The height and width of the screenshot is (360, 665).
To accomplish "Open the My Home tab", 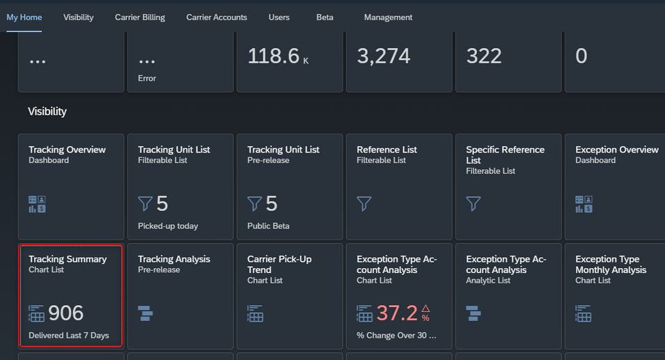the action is point(24,17).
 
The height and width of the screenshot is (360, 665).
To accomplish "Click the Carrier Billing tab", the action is point(140,17).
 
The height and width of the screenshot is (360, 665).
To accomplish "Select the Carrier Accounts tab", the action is point(217,17).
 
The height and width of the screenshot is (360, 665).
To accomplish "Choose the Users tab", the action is point(279,17).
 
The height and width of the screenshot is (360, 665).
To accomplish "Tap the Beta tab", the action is point(325,17).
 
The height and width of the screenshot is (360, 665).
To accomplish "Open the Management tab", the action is point(388,17).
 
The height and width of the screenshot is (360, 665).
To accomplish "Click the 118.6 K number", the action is point(279,56).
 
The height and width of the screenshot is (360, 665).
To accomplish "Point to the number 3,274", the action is point(384,56).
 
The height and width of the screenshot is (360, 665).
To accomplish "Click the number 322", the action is point(484,56).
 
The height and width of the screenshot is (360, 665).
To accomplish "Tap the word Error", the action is point(147,79).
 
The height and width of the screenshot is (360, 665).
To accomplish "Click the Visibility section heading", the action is point(47,111).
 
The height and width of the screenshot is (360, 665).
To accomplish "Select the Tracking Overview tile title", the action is point(67,150).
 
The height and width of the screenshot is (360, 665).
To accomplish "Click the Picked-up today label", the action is point(168,226).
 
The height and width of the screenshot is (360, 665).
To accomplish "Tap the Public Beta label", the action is point(269,226).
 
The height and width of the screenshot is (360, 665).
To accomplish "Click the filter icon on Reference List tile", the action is point(364,203).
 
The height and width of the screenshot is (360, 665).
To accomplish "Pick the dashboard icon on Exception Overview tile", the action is point(584,204).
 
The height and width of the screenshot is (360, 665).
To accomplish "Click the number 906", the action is point(65,313).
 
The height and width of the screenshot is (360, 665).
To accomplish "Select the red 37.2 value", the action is point(397,313).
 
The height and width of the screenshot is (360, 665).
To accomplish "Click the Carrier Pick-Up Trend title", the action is point(279,265).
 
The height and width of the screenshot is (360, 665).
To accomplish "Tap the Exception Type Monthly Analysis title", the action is point(611,265).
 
